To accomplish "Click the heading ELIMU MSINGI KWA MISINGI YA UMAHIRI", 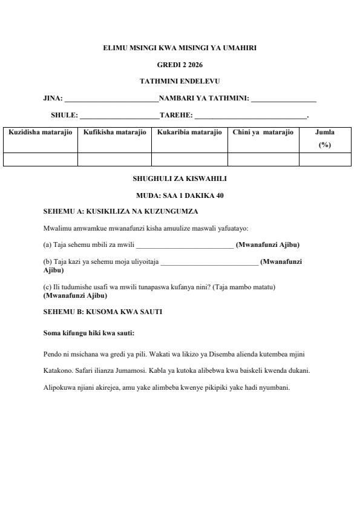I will (180, 48).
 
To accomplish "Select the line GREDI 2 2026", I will (180, 64).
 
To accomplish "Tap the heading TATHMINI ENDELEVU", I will (180, 80).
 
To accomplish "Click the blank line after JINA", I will (111, 99).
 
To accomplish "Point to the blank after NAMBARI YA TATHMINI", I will (283, 99).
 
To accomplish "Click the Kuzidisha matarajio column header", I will (41, 133).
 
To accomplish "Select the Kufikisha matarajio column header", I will (114, 133).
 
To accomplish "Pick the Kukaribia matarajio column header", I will (189, 133).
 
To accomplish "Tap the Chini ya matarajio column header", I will (263, 133).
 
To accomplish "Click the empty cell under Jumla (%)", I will (325, 159).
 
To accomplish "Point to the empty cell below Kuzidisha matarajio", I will (41, 159).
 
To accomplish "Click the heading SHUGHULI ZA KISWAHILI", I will (180, 179).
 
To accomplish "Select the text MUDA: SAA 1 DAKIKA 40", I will (180, 195).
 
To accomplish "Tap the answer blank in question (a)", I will (185, 246).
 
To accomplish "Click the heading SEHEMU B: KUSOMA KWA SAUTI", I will (103, 312).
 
